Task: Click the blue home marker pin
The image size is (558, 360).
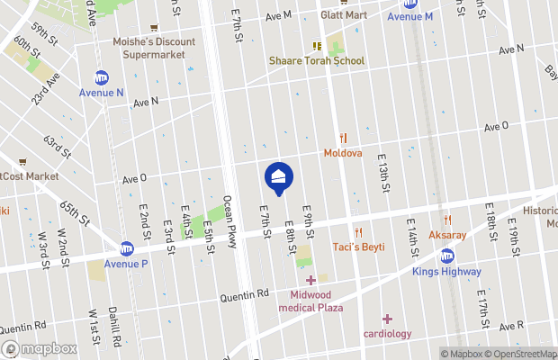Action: pyautogui.click(x=278, y=176)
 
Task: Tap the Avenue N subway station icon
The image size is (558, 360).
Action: pyautogui.click(x=102, y=78)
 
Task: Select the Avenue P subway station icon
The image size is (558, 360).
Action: pyautogui.click(x=127, y=248)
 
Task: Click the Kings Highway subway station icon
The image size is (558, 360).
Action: pyautogui.click(x=447, y=256)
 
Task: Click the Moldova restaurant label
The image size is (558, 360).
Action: pyautogui.click(x=343, y=153)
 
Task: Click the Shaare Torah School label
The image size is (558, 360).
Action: pyautogui.click(x=316, y=60)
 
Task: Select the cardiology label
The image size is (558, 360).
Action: pyautogui.click(x=387, y=333)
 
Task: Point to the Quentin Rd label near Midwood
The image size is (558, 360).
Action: pyautogui.click(x=245, y=293)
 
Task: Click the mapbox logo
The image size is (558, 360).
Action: pyautogui.click(x=40, y=348)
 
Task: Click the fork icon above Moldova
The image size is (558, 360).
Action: pyautogui.click(x=343, y=138)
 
